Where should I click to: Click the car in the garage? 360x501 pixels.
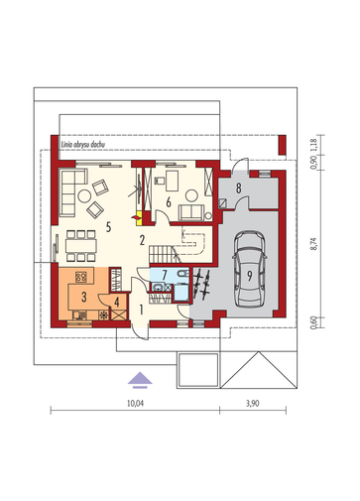click(250, 268)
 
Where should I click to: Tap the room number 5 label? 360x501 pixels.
click(108, 227)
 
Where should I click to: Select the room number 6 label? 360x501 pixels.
click(169, 201)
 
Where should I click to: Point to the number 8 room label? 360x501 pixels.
click(238, 188)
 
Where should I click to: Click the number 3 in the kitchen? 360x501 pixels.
click(84, 297)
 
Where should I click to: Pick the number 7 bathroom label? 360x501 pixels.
click(165, 275)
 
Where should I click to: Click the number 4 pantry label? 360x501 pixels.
click(117, 302)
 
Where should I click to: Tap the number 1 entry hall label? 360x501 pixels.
click(141, 310)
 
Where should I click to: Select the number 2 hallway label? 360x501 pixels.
click(142, 240)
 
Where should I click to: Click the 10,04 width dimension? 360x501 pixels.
click(136, 404)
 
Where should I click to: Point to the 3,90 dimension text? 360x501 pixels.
click(253, 404)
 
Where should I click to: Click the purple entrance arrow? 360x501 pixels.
click(140, 379)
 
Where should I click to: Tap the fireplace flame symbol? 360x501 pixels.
click(135, 217)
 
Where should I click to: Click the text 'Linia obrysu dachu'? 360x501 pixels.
click(83, 145)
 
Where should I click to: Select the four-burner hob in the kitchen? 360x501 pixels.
click(81, 277)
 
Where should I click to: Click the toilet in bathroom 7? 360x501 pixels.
click(182, 273)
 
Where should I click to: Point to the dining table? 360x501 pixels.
click(81, 246)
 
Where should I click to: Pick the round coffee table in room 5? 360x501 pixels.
click(84, 195)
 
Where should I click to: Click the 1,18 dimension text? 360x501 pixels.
click(313, 145)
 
